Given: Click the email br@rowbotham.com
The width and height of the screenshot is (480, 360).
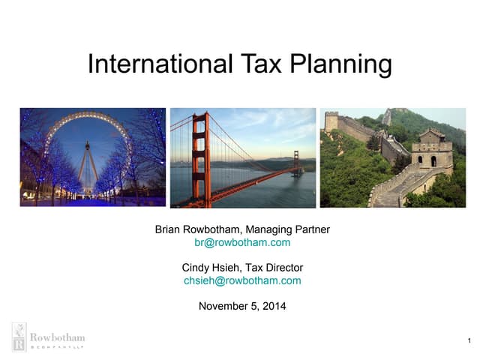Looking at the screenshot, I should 241,242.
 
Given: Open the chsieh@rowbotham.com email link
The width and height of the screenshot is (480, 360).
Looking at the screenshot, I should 241,280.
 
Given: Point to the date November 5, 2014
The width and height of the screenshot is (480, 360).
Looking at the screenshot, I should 241,306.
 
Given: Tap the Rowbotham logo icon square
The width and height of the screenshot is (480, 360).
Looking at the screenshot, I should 19,337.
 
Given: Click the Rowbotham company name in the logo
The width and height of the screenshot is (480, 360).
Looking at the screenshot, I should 57,337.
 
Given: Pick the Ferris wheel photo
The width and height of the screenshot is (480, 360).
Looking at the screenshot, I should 93,157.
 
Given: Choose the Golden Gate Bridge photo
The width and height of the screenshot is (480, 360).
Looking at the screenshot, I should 243,157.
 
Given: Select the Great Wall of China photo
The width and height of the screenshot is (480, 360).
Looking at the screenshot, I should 393,157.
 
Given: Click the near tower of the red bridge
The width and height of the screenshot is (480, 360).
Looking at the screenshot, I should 200,154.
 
